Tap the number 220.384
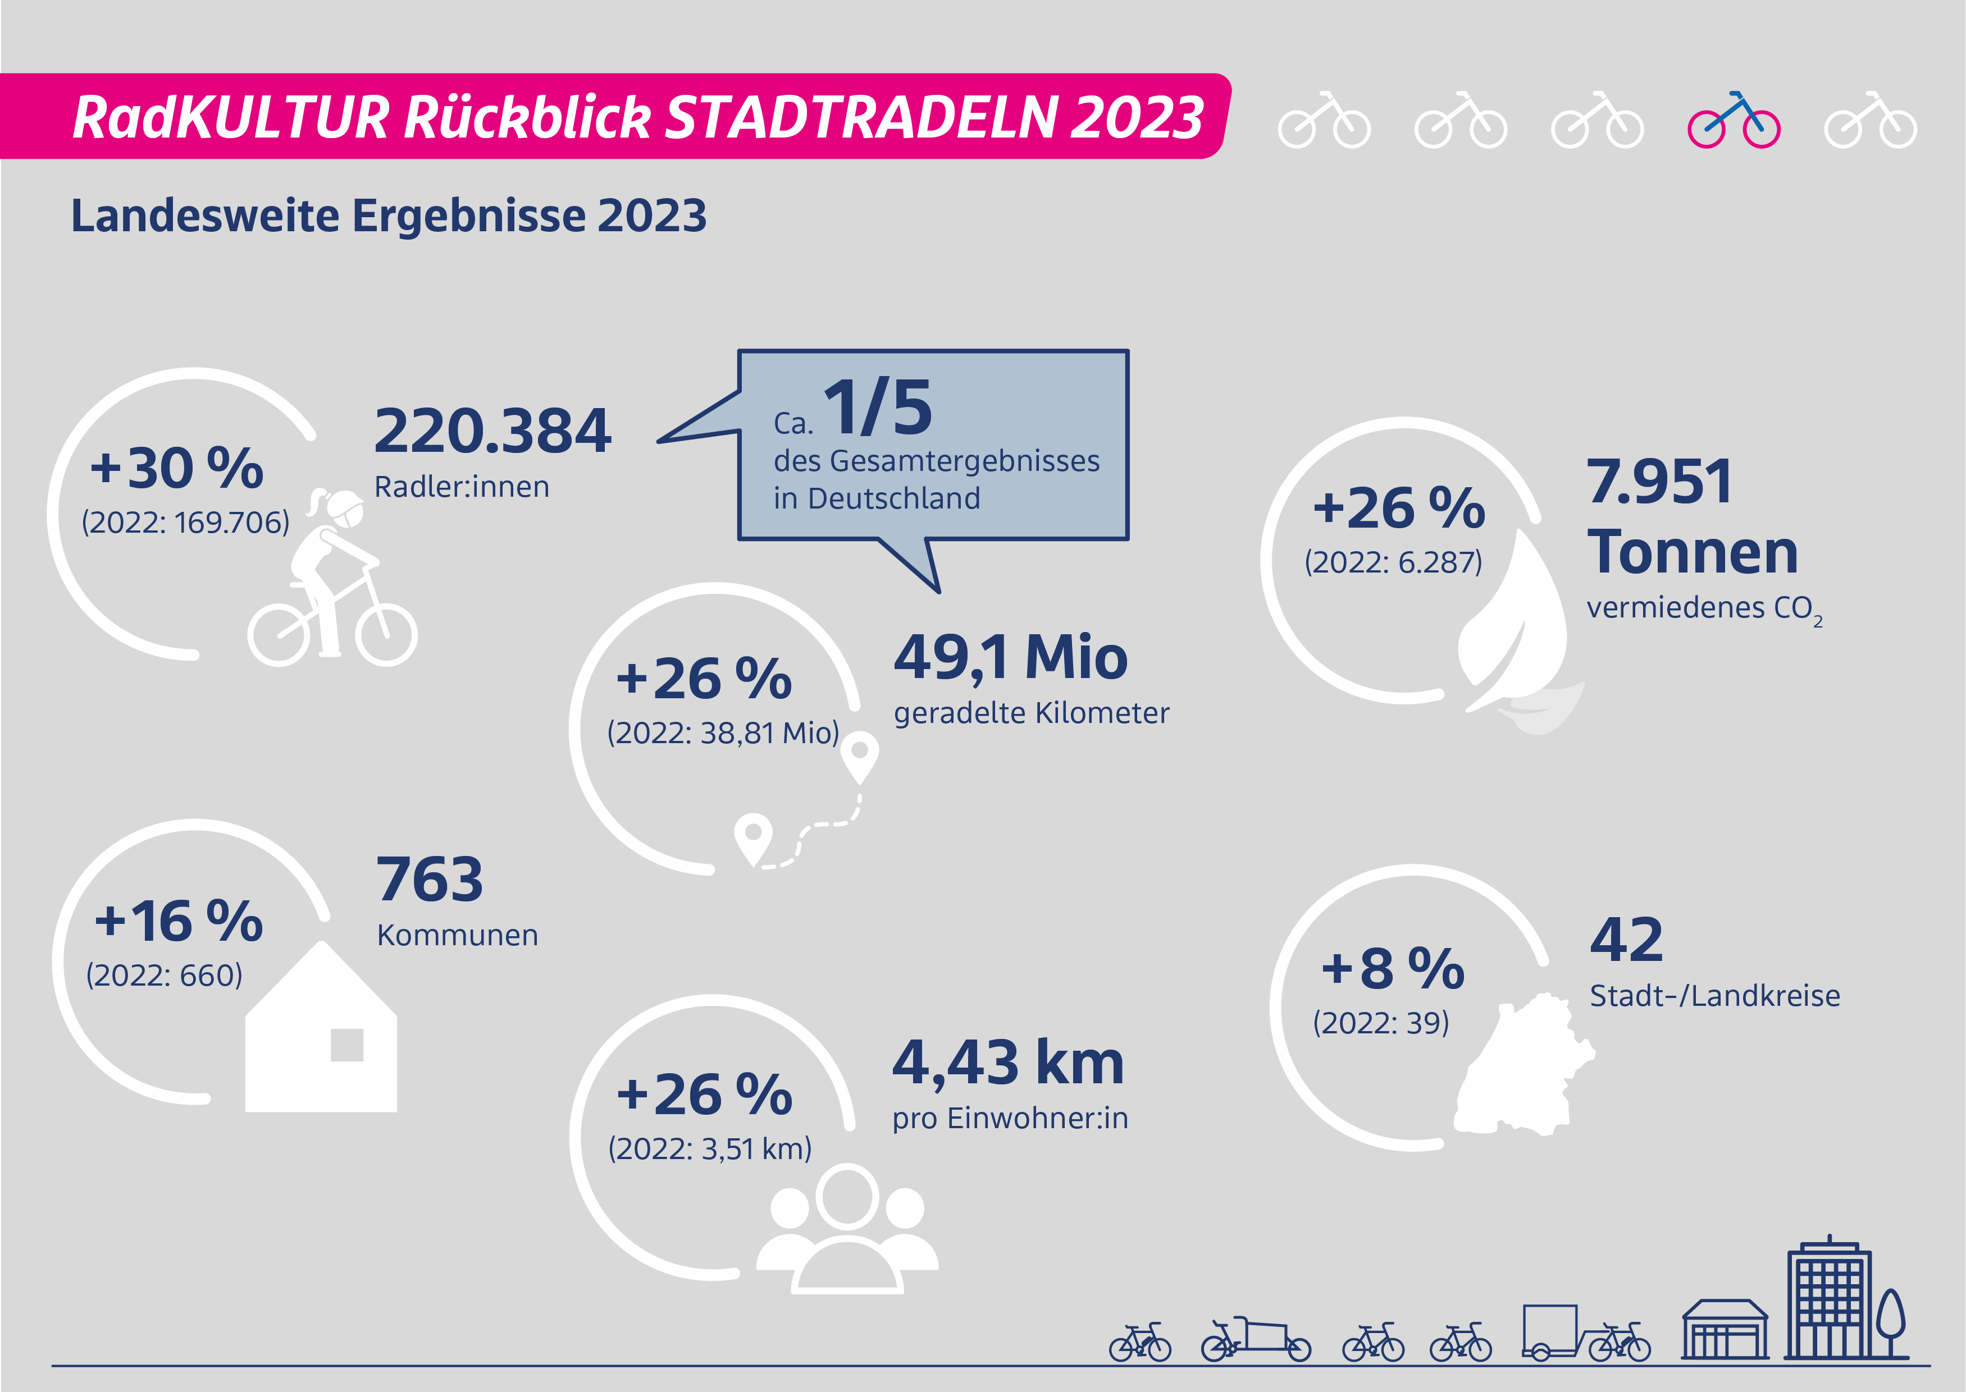tap(492, 431)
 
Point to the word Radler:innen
tap(461, 487)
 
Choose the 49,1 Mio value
tap(1010, 658)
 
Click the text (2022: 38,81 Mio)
tap(722, 733)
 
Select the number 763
tap(430, 880)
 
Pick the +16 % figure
tap(179, 922)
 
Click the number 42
tap(1626, 940)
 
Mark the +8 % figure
tap(1393, 969)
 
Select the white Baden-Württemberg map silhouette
tap(1522, 1067)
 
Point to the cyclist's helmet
tap(345, 507)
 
